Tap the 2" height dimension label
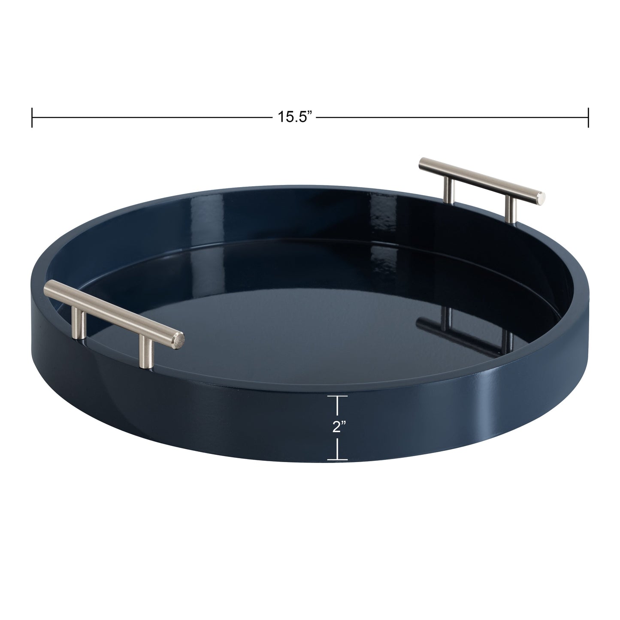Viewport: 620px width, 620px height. coord(339,426)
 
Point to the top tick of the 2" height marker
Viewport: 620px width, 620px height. coord(337,397)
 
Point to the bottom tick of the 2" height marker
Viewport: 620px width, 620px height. coord(337,460)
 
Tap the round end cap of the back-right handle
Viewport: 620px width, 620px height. coord(542,199)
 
